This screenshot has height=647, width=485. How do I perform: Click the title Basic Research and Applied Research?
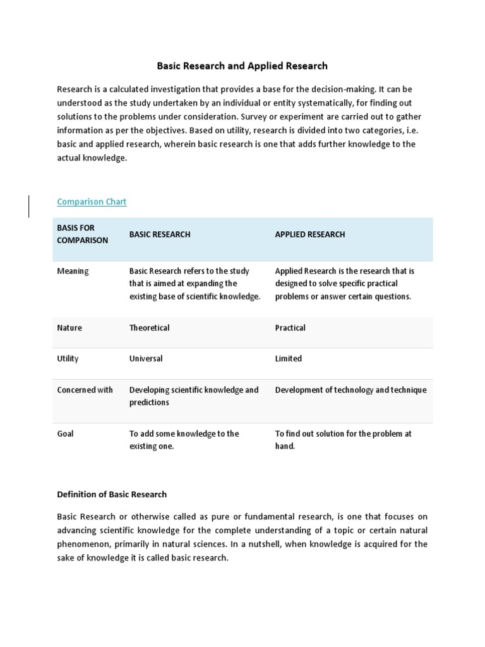pyautogui.click(x=242, y=66)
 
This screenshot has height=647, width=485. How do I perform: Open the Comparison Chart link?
pyautogui.click(x=92, y=202)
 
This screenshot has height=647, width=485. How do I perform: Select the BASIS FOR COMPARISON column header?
pyautogui.click(x=83, y=234)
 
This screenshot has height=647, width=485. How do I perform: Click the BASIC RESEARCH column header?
pyautogui.click(x=160, y=234)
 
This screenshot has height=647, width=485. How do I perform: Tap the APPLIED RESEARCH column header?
pyautogui.click(x=310, y=234)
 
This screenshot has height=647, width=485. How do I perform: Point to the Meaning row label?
pyautogui.click(x=73, y=271)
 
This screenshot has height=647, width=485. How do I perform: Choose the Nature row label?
pyautogui.click(x=69, y=328)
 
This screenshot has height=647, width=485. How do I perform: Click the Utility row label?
pyautogui.click(x=68, y=358)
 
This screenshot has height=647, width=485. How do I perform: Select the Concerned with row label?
pyautogui.click(x=85, y=390)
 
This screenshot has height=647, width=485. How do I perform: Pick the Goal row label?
pyautogui.click(x=66, y=433)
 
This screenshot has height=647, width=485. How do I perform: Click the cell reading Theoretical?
pyautogui.click(x=150, y=328)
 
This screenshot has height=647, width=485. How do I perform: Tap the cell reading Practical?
pyautogui.click(x=290, y=328)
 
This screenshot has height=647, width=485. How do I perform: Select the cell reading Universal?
pyautogui.click(x=146, y=358)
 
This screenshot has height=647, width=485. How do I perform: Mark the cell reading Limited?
pyautogui.click(x=289, y=358)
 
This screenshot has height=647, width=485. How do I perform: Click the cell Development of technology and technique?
pyautogui.click(x=350, y=390)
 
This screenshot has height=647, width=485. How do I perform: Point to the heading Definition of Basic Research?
pyautogui.click(x=112, y=494)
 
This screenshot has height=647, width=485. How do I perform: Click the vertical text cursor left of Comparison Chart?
pyautogui.click(x=29, y=206)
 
